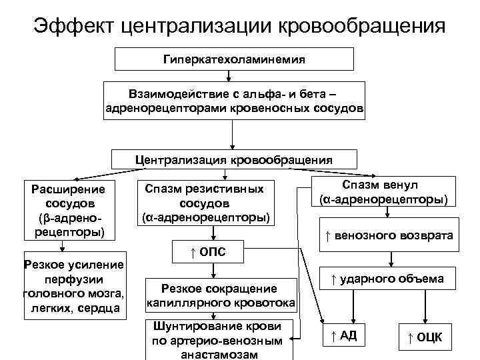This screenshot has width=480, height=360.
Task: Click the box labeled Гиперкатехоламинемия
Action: (x=235, y=59)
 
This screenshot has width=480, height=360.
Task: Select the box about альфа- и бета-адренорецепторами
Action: (x=235, y=101)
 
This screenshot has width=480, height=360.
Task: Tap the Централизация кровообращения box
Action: (x=234, y=160)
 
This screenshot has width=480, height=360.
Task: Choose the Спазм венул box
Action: (x=383, y=192)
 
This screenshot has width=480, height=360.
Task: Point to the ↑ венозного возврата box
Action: (x=389, y=235)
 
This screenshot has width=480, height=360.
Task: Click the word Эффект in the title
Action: (x=74, y=27)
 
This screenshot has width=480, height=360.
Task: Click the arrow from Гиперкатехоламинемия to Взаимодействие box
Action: (x=235, y=75)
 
